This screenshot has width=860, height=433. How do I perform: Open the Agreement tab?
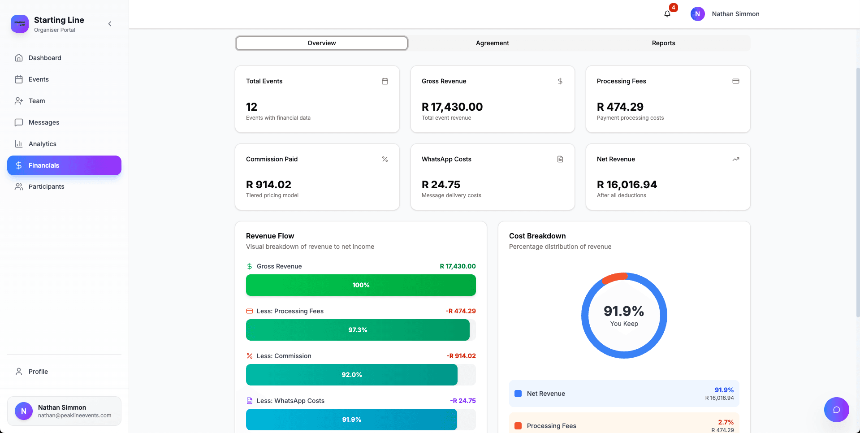[492, 43]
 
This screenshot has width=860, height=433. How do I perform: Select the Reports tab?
[663, 43]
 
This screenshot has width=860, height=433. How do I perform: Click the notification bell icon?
[667, 14]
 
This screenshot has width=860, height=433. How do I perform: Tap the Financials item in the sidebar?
[64, 165]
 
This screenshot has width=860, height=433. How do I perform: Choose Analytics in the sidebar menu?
[43, 144]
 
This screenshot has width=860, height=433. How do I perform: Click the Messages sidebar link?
[44, 122]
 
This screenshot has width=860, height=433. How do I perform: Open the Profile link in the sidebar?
[38, 372]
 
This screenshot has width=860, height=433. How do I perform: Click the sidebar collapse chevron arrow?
[110, 24]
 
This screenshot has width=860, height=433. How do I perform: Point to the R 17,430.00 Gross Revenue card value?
[452, 107]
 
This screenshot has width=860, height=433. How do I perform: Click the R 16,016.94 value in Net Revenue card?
[627, 185]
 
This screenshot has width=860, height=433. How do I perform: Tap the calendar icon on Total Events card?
[385, 81]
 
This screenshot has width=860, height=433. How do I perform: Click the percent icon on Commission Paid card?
[385, 159]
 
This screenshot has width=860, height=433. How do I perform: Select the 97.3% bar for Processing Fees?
[358, 330]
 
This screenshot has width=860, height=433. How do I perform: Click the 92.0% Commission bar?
[352, 375]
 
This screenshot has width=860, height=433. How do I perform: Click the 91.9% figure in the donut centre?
[624, 311]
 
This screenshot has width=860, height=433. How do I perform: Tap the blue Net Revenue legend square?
[518, 394]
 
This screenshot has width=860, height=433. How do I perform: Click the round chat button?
[836, 410]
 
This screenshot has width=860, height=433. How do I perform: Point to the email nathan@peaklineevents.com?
[74, 416]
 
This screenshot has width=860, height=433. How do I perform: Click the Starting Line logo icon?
[20, 24]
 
